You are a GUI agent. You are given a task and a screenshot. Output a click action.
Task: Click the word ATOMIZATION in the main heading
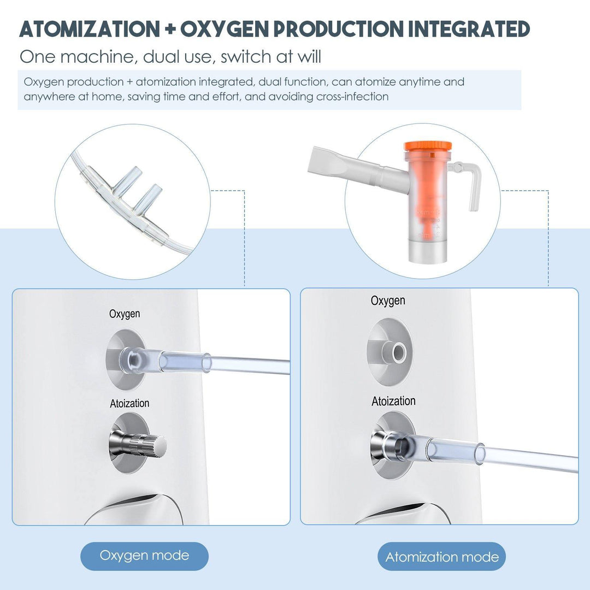(87, 28)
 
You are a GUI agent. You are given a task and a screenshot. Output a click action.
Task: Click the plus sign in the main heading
(169, 29)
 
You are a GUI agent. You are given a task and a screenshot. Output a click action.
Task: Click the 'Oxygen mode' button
(144, 556)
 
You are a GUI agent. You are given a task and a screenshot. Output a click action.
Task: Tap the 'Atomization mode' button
(441, 557)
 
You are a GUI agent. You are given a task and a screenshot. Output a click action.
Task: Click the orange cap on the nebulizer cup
(428, 147)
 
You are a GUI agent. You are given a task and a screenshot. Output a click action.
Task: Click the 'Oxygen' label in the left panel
(125, 314)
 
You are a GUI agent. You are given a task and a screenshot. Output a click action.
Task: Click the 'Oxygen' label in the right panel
(388, 300)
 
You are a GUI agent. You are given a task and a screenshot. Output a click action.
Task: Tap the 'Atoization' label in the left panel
(129, 403)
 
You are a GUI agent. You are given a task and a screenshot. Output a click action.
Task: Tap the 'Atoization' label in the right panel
(393, 401)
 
